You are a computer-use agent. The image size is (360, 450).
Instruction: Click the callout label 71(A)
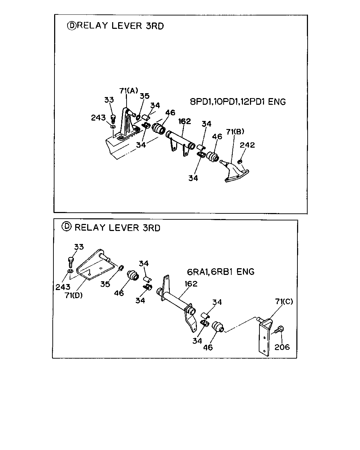(129, 91)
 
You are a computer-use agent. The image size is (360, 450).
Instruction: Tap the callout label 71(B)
(235, 131)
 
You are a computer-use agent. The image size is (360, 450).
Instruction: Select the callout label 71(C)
(284, 301)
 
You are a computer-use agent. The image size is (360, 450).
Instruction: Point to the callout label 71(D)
(73, 295)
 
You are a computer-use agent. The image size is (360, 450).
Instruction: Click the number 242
(247, 145)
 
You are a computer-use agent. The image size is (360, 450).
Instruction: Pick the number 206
(282, 347)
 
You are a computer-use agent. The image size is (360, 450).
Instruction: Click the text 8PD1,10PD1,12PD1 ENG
(238, 102)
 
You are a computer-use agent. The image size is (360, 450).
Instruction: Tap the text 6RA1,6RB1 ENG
(220, 272)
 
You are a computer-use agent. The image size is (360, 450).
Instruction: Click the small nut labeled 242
(240, 161)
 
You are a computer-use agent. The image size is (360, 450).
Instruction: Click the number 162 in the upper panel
(185, 121)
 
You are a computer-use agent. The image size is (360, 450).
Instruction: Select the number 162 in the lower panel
(191, 284)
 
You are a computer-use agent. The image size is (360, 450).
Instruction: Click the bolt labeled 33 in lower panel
(71, 262)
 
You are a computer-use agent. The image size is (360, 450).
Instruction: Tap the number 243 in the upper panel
(98, 118)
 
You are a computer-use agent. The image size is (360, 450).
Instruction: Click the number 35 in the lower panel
(105, 284)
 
